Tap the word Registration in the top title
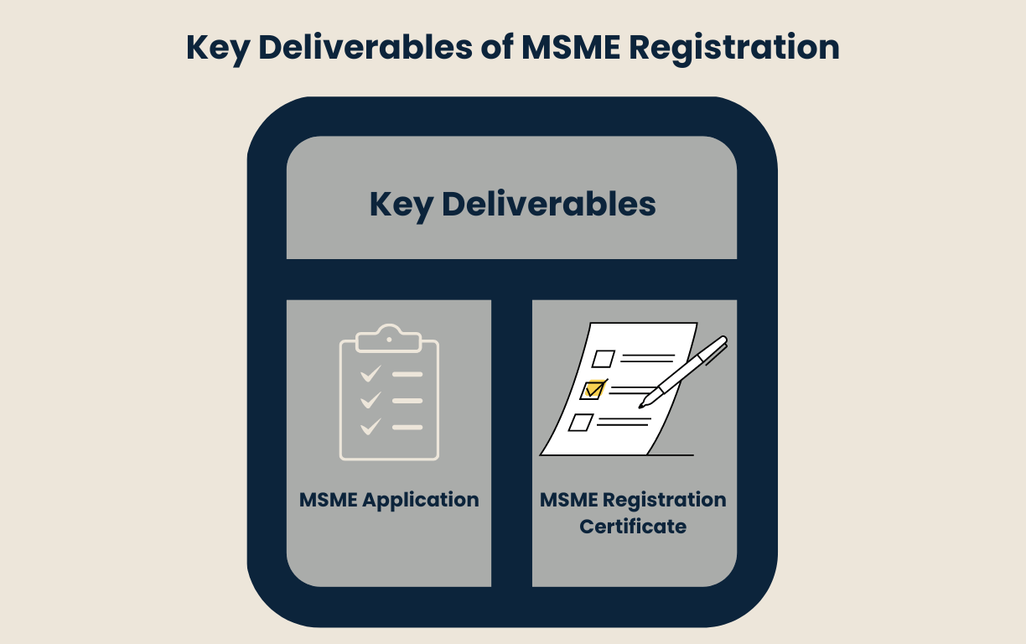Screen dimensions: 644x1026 735,47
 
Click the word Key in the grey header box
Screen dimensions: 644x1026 400,205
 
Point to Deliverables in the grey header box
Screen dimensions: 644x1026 548,205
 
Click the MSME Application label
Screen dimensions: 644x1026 389,500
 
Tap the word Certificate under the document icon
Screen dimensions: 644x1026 633,527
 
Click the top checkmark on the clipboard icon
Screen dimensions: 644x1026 370,373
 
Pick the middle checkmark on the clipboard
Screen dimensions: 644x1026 370,400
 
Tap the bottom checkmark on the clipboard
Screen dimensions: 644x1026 370,427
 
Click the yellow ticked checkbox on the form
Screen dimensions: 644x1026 593,390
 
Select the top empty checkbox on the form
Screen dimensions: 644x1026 603,359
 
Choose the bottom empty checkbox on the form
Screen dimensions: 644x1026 579,422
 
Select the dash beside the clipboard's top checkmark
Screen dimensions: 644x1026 407,373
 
